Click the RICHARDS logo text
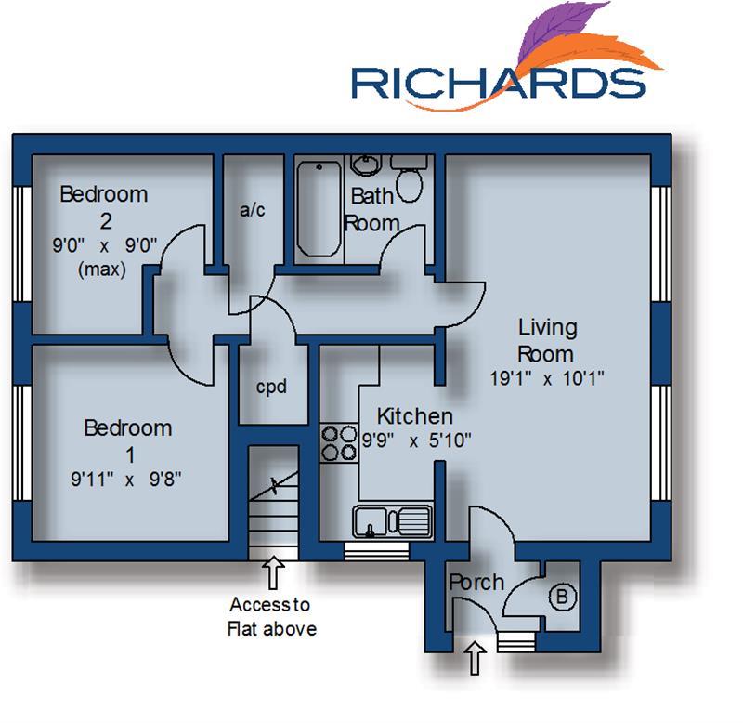[498, 83]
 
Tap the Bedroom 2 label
[104, 206]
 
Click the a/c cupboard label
[253, 210]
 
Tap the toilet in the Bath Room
[408, 177]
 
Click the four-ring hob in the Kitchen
[339, 442]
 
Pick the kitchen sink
[392, 521]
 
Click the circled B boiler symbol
[560, 597]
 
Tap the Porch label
[476, 583]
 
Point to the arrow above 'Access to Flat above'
[273, 573]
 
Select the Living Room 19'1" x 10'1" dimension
[547, 378]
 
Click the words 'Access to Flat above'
[272, 617]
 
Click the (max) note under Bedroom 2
[103, 269]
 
